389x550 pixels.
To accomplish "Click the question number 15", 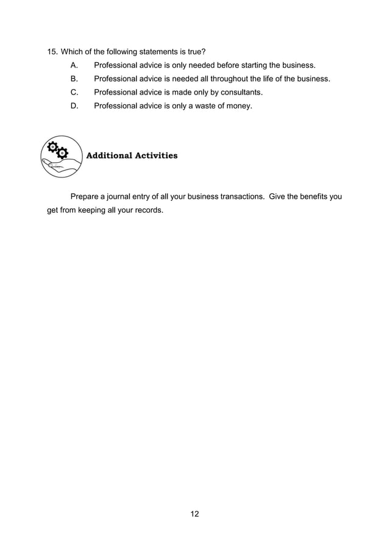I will point(52,51).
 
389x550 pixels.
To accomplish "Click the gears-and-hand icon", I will point(62,157).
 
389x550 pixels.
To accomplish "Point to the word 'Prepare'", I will point(87,196).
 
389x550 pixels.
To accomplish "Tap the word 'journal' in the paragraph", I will point(123,196).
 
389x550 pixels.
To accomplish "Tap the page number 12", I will point(194,514).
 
